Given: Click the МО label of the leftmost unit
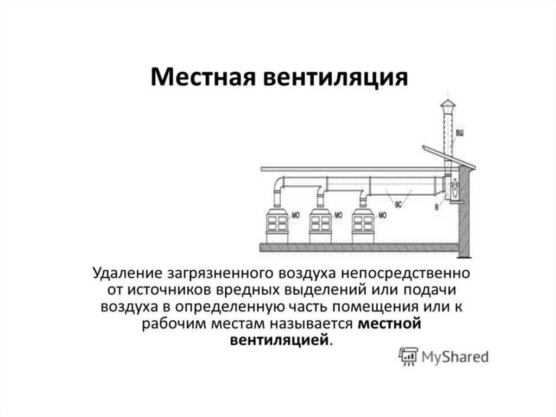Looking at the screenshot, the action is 296,215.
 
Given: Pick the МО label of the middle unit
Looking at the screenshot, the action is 338,215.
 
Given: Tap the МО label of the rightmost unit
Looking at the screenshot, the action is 382,215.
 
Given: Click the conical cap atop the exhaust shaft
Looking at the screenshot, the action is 447,104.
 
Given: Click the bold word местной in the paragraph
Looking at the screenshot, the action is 390,324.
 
